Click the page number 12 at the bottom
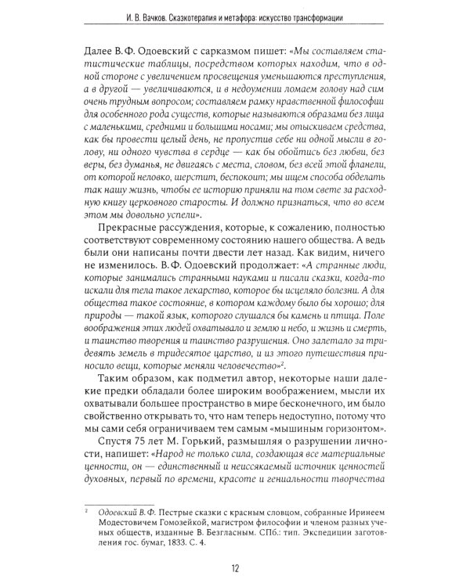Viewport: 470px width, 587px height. tap(234, 568)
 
